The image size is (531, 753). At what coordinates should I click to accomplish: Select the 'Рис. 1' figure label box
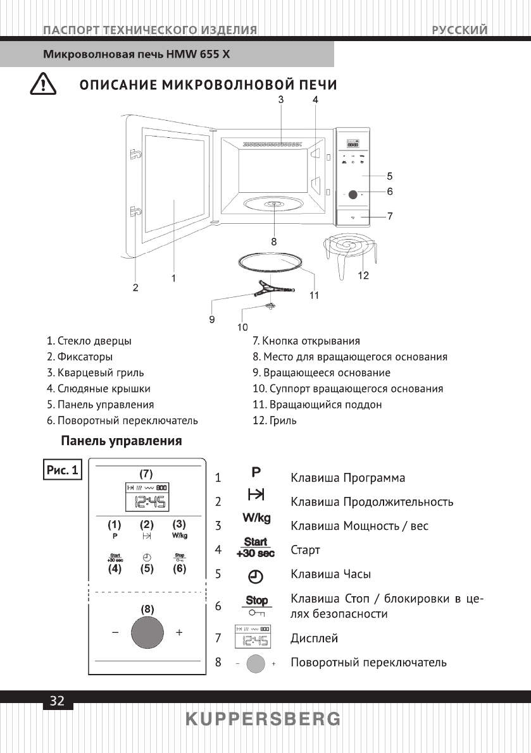pyautogui.click(x=63, y=470)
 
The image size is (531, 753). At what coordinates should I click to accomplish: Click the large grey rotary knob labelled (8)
pyautogui.click(x=147, y=632)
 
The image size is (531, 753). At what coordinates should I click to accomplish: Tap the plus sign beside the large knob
pyautogui.click(x=180, y=632)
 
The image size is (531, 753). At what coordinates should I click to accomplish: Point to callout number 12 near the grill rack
pyautogui.click(x=363, y=276)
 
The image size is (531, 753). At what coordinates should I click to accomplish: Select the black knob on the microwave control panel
pyautogui.click(x=353, y=195)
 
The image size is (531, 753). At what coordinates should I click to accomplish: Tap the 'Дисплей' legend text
pyautogui.click(x=314, y=638)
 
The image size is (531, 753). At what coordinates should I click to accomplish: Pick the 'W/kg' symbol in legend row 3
pyautogui.click(x=256, y=518)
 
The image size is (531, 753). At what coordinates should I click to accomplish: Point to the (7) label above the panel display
pyautogui.click(x=146, y=474)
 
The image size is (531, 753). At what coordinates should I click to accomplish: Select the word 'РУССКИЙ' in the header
pyautogui.click(x=460, y=30)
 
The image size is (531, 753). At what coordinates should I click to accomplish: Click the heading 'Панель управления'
pyautogui.click(x=121, y=441)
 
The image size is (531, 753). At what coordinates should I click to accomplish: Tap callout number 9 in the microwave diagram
pyautogui.click(x=212, y=319)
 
